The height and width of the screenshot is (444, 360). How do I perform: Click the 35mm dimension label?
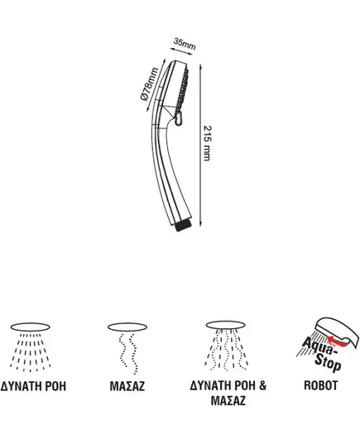click(185, 44)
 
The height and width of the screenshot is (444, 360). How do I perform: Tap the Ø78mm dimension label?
click(150, 84)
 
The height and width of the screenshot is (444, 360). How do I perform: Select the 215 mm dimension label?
click(208, 143)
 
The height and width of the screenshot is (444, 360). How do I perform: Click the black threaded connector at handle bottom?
click(184, 227)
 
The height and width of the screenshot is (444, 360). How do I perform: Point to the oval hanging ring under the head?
click(179, 118)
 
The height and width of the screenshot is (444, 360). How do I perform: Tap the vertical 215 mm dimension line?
click(200, 145)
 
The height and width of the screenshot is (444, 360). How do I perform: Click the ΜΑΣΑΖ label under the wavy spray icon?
click(127, 386)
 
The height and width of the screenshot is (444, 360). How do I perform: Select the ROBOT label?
click(320, 385)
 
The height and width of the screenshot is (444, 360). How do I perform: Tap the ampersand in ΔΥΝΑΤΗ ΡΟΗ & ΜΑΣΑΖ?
click(262, 385)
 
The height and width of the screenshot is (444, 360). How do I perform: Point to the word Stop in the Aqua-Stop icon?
click(328, 363)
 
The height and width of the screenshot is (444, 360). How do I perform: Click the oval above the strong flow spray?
click(31, 327)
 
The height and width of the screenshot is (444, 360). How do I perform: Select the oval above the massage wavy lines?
click(127, 327)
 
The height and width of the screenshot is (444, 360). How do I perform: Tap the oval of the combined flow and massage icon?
click(226, 325)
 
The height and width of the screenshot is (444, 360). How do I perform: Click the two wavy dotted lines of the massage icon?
click(127, 353)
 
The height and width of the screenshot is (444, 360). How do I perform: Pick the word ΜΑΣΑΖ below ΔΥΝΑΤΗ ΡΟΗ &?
click(228, 401)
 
